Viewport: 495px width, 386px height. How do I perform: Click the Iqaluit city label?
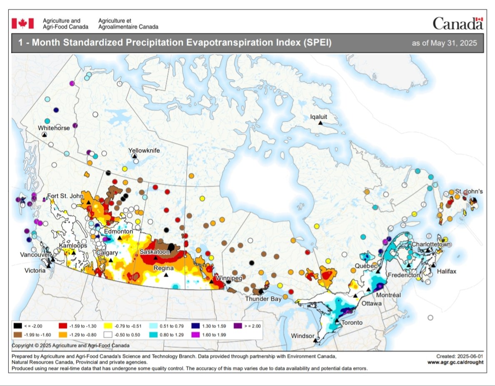pos(320,117)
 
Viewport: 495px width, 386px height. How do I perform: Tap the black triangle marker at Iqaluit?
pos(320,123)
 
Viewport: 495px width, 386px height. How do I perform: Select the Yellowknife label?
pos(144,150)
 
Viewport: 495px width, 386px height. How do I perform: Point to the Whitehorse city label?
pos(54,128)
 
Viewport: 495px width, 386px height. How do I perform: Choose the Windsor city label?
pos(302,335)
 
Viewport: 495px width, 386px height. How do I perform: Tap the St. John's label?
pos(468,191)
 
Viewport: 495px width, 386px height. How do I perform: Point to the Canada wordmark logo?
pos(457,23)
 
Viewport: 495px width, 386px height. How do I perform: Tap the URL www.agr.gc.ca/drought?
pos(455,362)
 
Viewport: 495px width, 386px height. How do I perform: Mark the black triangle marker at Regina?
pos(166,275)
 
